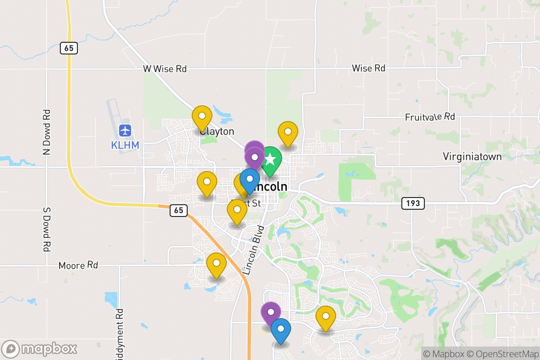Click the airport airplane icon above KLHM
click(x=125, y=131)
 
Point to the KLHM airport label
click(x=125, y=145)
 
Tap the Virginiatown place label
click(x=472, y=157)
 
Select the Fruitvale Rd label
click(x=430, y=117)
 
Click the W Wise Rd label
click(x=165, y=69)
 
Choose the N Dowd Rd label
click(x=46, y=132)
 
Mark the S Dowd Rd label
click(x=46, y=229)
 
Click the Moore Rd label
click(x=78, y=265)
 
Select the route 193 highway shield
click(x=413, y=203)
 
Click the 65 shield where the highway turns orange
click(x=179, y=210)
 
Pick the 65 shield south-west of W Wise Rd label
click(x=68, y=48)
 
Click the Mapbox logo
click(x=40, y=349)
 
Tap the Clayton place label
click(x=217, y=131)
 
